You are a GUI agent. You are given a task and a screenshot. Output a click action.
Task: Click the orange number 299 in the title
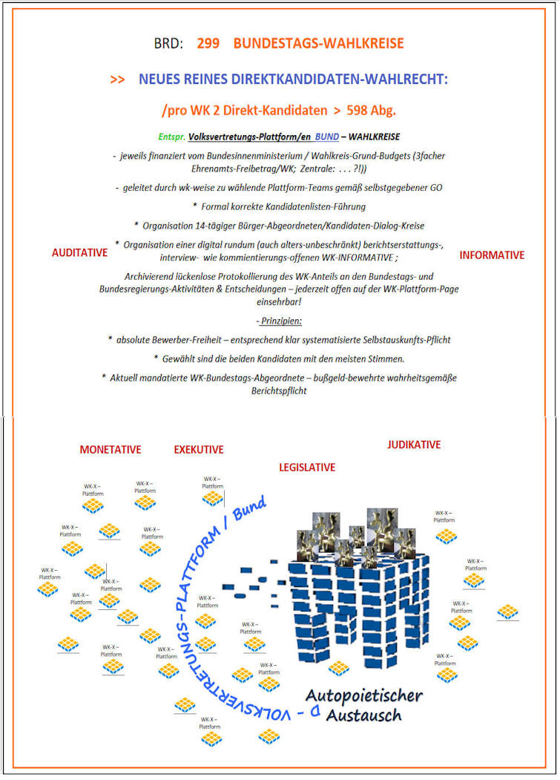point(208,44)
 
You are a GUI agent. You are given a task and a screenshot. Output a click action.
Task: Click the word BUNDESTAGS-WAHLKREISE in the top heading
point(318,44)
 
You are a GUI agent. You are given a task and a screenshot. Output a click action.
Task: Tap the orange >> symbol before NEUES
point(117,79)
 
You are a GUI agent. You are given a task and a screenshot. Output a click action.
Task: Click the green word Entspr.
point(172,137)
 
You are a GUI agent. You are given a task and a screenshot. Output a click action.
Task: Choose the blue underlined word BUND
point(326,137)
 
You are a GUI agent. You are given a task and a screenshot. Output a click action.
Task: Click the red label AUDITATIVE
point(79,253)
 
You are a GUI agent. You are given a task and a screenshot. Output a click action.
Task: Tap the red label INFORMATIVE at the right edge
point(492,255)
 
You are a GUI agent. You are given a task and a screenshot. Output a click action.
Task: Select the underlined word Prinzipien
point(280,321)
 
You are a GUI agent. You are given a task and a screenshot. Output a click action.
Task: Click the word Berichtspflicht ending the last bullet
point(279,390)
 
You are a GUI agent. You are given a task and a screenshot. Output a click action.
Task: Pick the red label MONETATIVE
point(110,450)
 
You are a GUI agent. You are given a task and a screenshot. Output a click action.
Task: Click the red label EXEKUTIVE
point(198,450)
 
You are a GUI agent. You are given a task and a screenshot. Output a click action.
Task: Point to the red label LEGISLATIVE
point(306,468)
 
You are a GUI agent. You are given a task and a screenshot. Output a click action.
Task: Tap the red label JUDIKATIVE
point(413,445)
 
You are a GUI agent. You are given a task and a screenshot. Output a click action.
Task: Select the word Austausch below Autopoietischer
point(363,715)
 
